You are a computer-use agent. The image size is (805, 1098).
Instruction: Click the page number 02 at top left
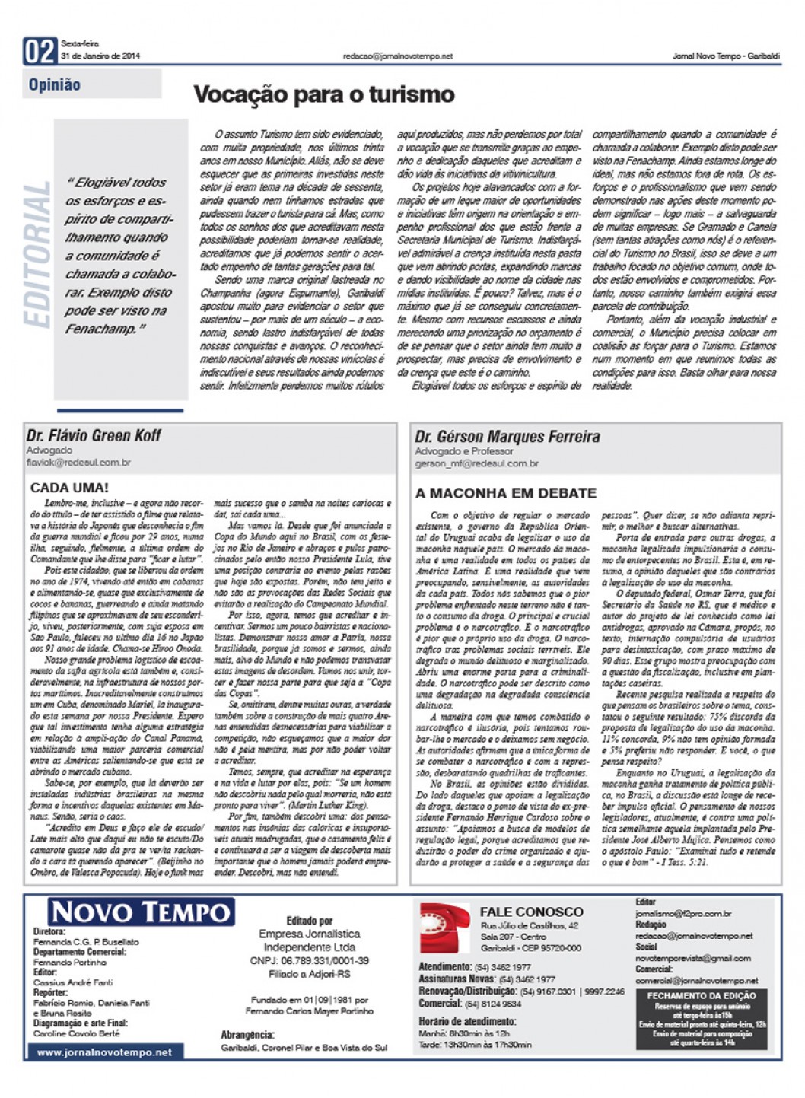click(40, 52)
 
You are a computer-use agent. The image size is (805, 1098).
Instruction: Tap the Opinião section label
click(55, 85)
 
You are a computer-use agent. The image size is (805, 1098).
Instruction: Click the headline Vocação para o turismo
click(323, 95)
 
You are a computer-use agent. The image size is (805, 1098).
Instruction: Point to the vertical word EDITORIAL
click(37, 255)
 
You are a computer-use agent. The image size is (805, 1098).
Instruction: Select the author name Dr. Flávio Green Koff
click(94, 436)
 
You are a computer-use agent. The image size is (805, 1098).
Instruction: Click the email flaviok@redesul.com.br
click(78, 463)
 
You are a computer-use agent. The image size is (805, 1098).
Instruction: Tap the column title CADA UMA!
click(69, 487)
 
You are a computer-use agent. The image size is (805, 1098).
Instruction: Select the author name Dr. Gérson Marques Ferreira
click(508, 437)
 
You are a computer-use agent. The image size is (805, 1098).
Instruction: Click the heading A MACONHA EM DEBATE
click(506, 493)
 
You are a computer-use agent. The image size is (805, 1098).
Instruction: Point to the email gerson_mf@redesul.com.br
click(477, 463)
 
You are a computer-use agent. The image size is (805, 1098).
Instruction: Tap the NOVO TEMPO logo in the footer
click(142, 912)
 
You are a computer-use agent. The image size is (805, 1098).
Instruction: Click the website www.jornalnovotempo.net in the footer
click(104, 1052)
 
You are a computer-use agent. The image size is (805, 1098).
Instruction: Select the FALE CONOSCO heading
click(531, 912)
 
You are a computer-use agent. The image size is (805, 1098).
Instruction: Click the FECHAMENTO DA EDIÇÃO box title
click(702, 995)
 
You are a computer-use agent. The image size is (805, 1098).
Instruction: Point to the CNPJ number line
click(309, 961)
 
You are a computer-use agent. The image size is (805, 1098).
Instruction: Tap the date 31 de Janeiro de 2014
click(100, 56)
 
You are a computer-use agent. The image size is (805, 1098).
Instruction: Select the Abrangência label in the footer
click(247, 1035)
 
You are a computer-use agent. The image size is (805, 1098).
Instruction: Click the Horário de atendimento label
click(467, 1022)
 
